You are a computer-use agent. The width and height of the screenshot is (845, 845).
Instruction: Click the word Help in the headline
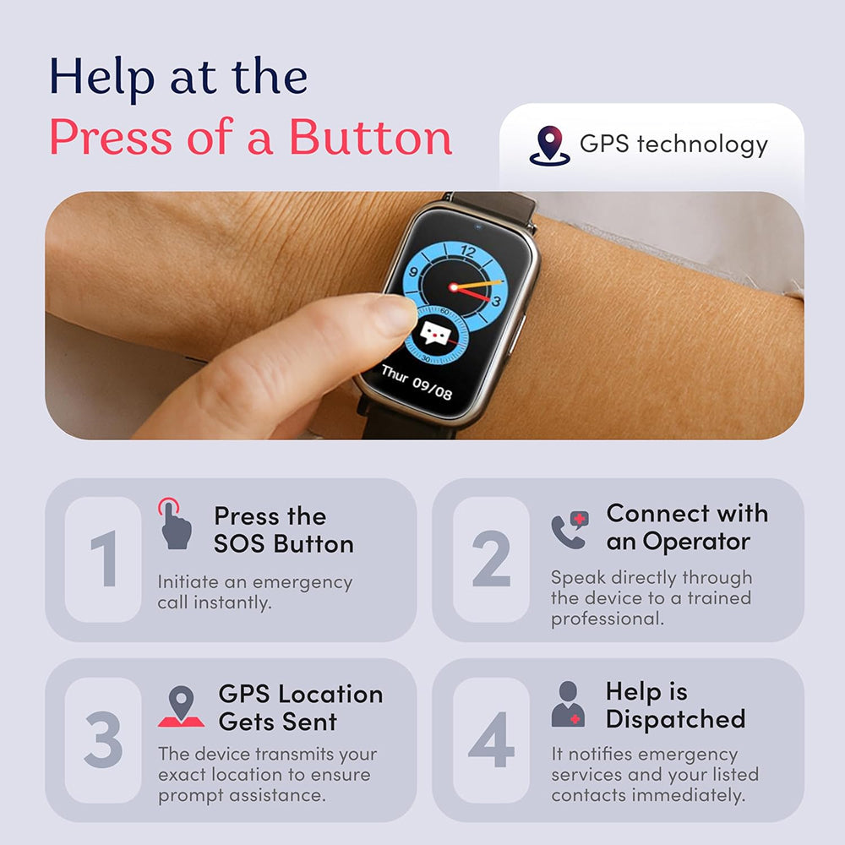102,77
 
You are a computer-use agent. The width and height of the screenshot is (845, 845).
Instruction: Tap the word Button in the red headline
370,138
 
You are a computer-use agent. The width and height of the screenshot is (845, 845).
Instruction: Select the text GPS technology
673,144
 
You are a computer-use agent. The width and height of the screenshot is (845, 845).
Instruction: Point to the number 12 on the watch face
468,251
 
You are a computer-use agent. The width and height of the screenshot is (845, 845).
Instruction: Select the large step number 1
103,559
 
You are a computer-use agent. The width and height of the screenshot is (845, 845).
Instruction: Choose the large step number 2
491,559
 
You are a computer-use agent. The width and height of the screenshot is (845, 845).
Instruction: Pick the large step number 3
103,740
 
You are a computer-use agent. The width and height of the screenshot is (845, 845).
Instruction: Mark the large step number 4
491,740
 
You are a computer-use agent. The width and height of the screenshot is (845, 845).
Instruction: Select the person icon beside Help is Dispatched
568,704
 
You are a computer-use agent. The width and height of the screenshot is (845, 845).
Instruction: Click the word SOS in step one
238,544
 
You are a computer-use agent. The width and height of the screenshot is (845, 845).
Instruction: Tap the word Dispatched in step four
675,720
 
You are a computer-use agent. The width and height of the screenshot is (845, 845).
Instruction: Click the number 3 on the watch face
495,301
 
